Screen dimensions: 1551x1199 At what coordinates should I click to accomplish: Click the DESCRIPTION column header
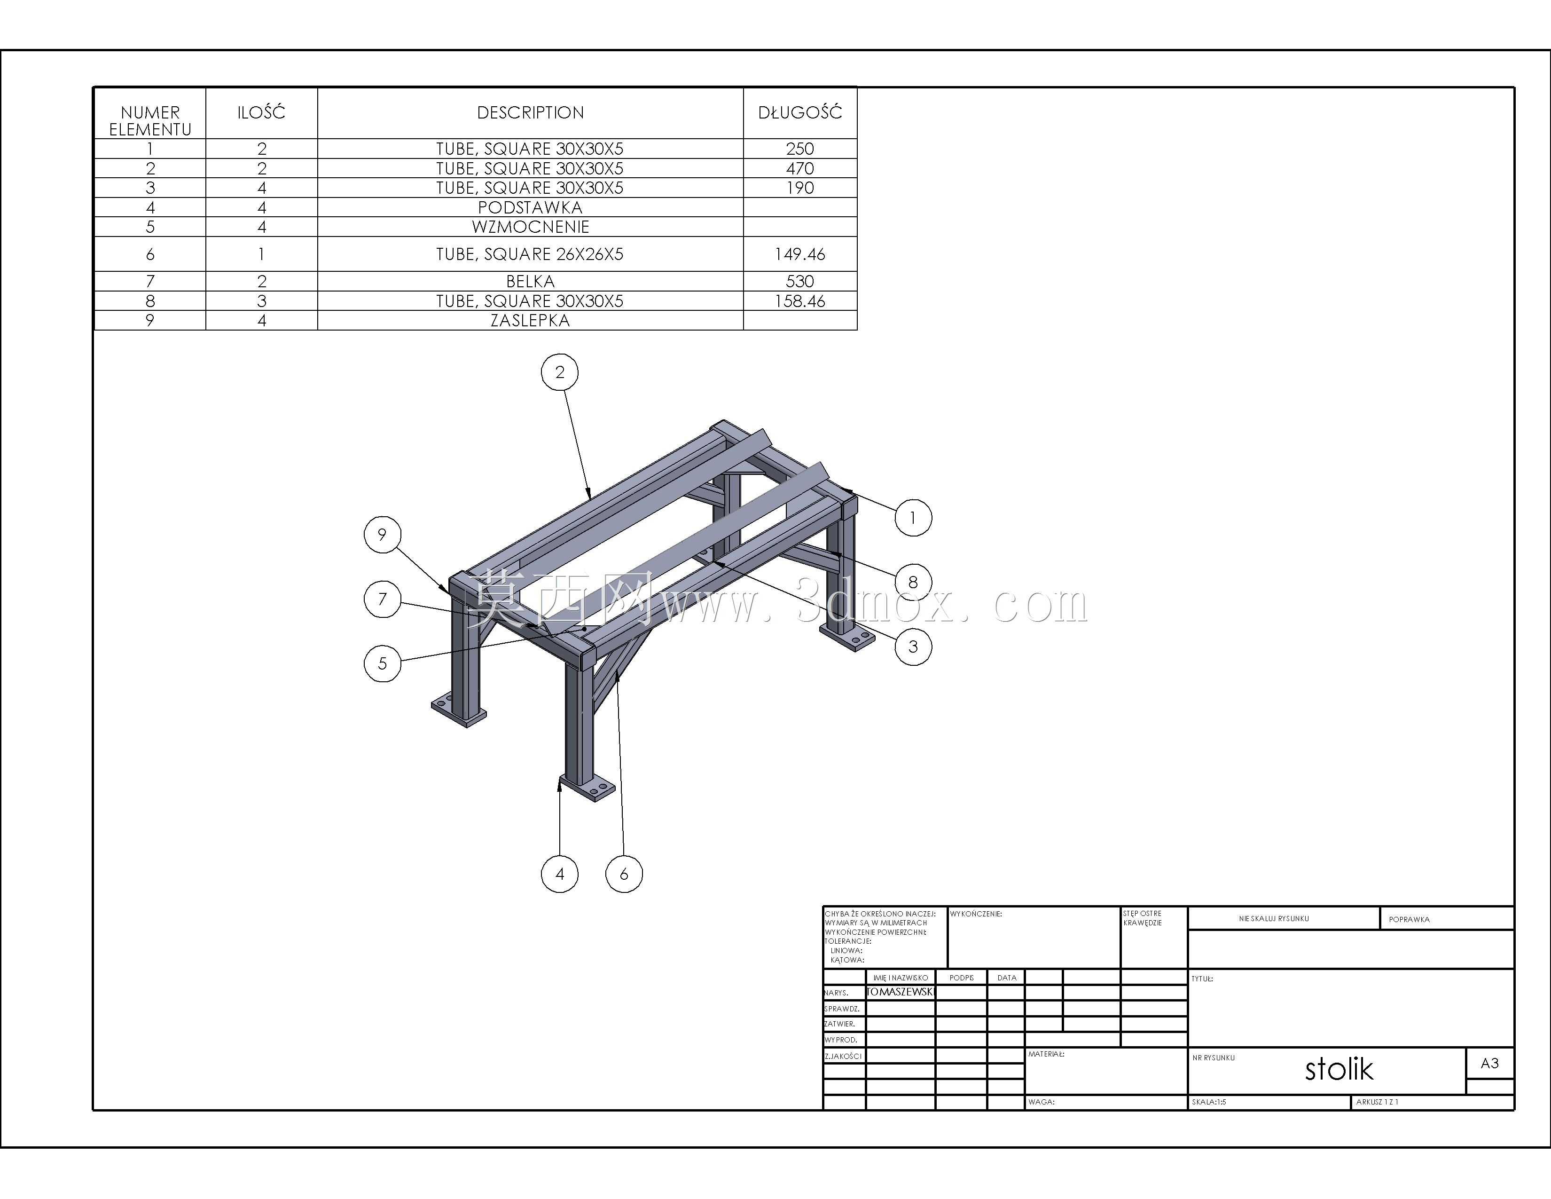click(531, 112)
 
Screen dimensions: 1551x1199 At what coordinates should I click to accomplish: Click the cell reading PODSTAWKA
click(531, 207)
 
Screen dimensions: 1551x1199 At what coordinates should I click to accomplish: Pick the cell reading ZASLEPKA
click(531, 320)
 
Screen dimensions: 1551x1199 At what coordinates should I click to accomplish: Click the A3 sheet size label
click(1489, 1063)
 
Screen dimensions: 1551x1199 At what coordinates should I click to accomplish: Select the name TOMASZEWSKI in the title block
click(900, 992)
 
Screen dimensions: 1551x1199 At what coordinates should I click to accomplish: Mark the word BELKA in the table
click(531, 281)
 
